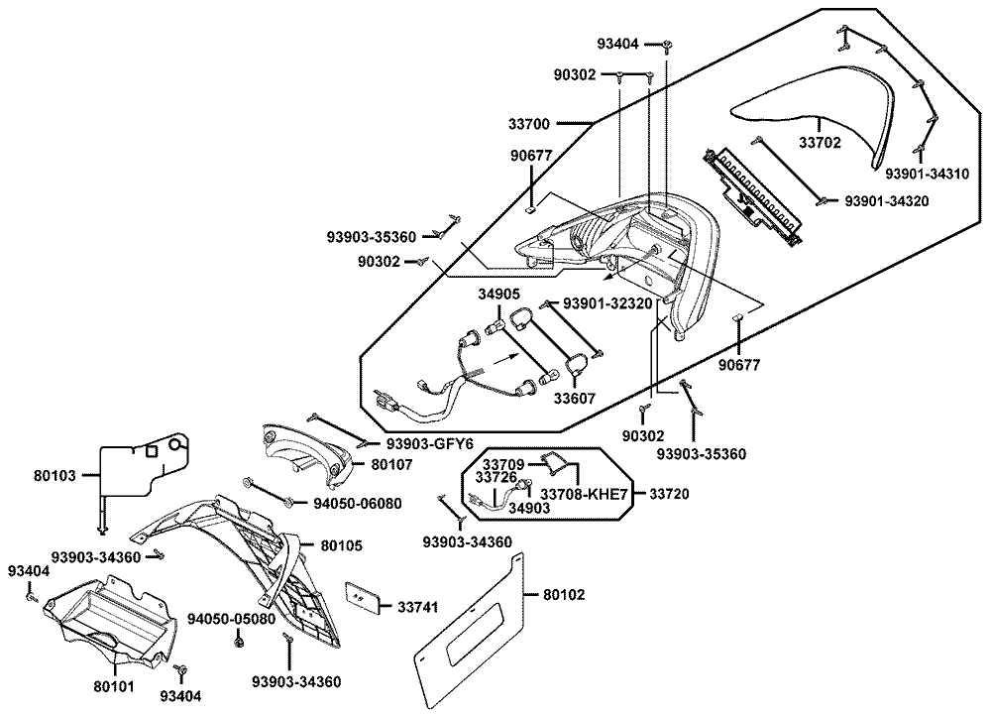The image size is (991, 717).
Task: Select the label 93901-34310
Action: click(x=928, y=174)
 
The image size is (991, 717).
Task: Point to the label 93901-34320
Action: click(x=888, y=202)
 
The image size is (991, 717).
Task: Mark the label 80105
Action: click(x=342, y=545)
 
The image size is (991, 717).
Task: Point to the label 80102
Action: click(x=564, y=596)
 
